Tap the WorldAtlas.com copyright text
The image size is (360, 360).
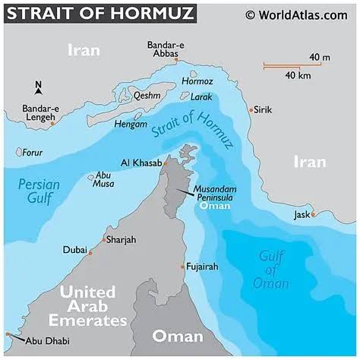click(298, 14)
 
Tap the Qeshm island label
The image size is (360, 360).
click(147, 96)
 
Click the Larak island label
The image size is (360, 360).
click(201, 97)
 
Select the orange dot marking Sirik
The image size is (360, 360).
click(251, 110)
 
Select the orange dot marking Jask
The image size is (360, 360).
click(312, 214)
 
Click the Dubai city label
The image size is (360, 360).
click(75, 249)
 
